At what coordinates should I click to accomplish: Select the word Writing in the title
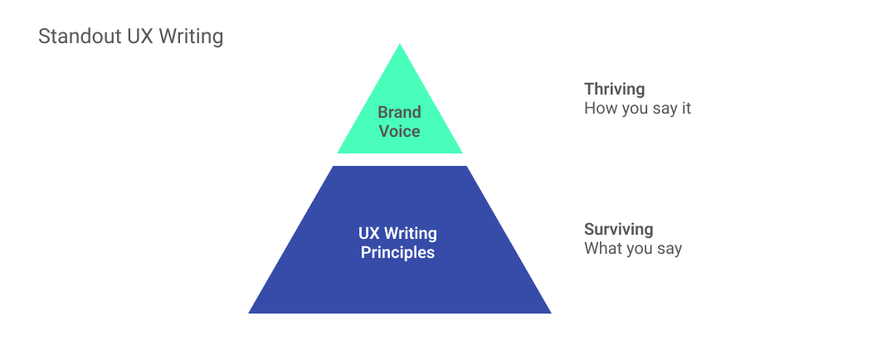point(190,37)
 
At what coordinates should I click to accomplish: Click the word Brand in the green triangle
point(399,112)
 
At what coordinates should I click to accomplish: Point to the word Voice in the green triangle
point(399,131)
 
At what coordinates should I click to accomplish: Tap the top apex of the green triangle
point(399,43)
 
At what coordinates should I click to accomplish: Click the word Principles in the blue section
point(397,252)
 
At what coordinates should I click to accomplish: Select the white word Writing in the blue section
point(411,234)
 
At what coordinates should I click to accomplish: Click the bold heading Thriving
point(614,89)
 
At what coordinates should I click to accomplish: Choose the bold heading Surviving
point(618,229)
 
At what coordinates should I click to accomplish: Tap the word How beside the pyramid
point(598,109)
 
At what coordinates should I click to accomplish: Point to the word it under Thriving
point(686,109)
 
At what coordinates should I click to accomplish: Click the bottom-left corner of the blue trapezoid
point(249,314)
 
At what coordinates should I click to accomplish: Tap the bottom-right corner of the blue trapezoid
point(551,314)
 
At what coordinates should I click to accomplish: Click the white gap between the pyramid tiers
point(399,159)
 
